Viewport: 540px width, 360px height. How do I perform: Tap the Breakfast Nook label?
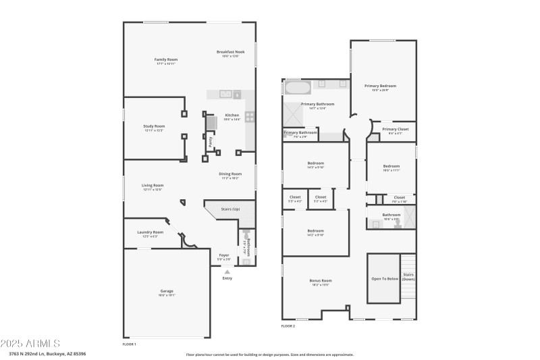pos(231,52)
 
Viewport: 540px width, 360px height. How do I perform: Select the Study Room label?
pos(154,126)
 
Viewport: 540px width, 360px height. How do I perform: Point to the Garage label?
pos(166,291)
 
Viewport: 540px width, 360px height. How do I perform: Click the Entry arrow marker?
pos(227,272)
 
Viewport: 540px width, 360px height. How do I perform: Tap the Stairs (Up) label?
pos(231,209)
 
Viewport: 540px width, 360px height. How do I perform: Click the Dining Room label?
pos(230,174)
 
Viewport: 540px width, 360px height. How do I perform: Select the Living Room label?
pos(153,186)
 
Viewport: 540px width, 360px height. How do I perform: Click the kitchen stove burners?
pos(249,116)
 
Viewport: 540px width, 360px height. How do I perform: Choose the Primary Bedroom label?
pos(380,86)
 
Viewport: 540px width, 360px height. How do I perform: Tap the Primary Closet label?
pos(395,129)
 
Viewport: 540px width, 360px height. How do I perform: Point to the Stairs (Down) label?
pos(408,276)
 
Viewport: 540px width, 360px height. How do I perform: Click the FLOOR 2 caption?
pos(288,326)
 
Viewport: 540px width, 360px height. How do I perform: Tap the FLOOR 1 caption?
pos(130,344)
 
